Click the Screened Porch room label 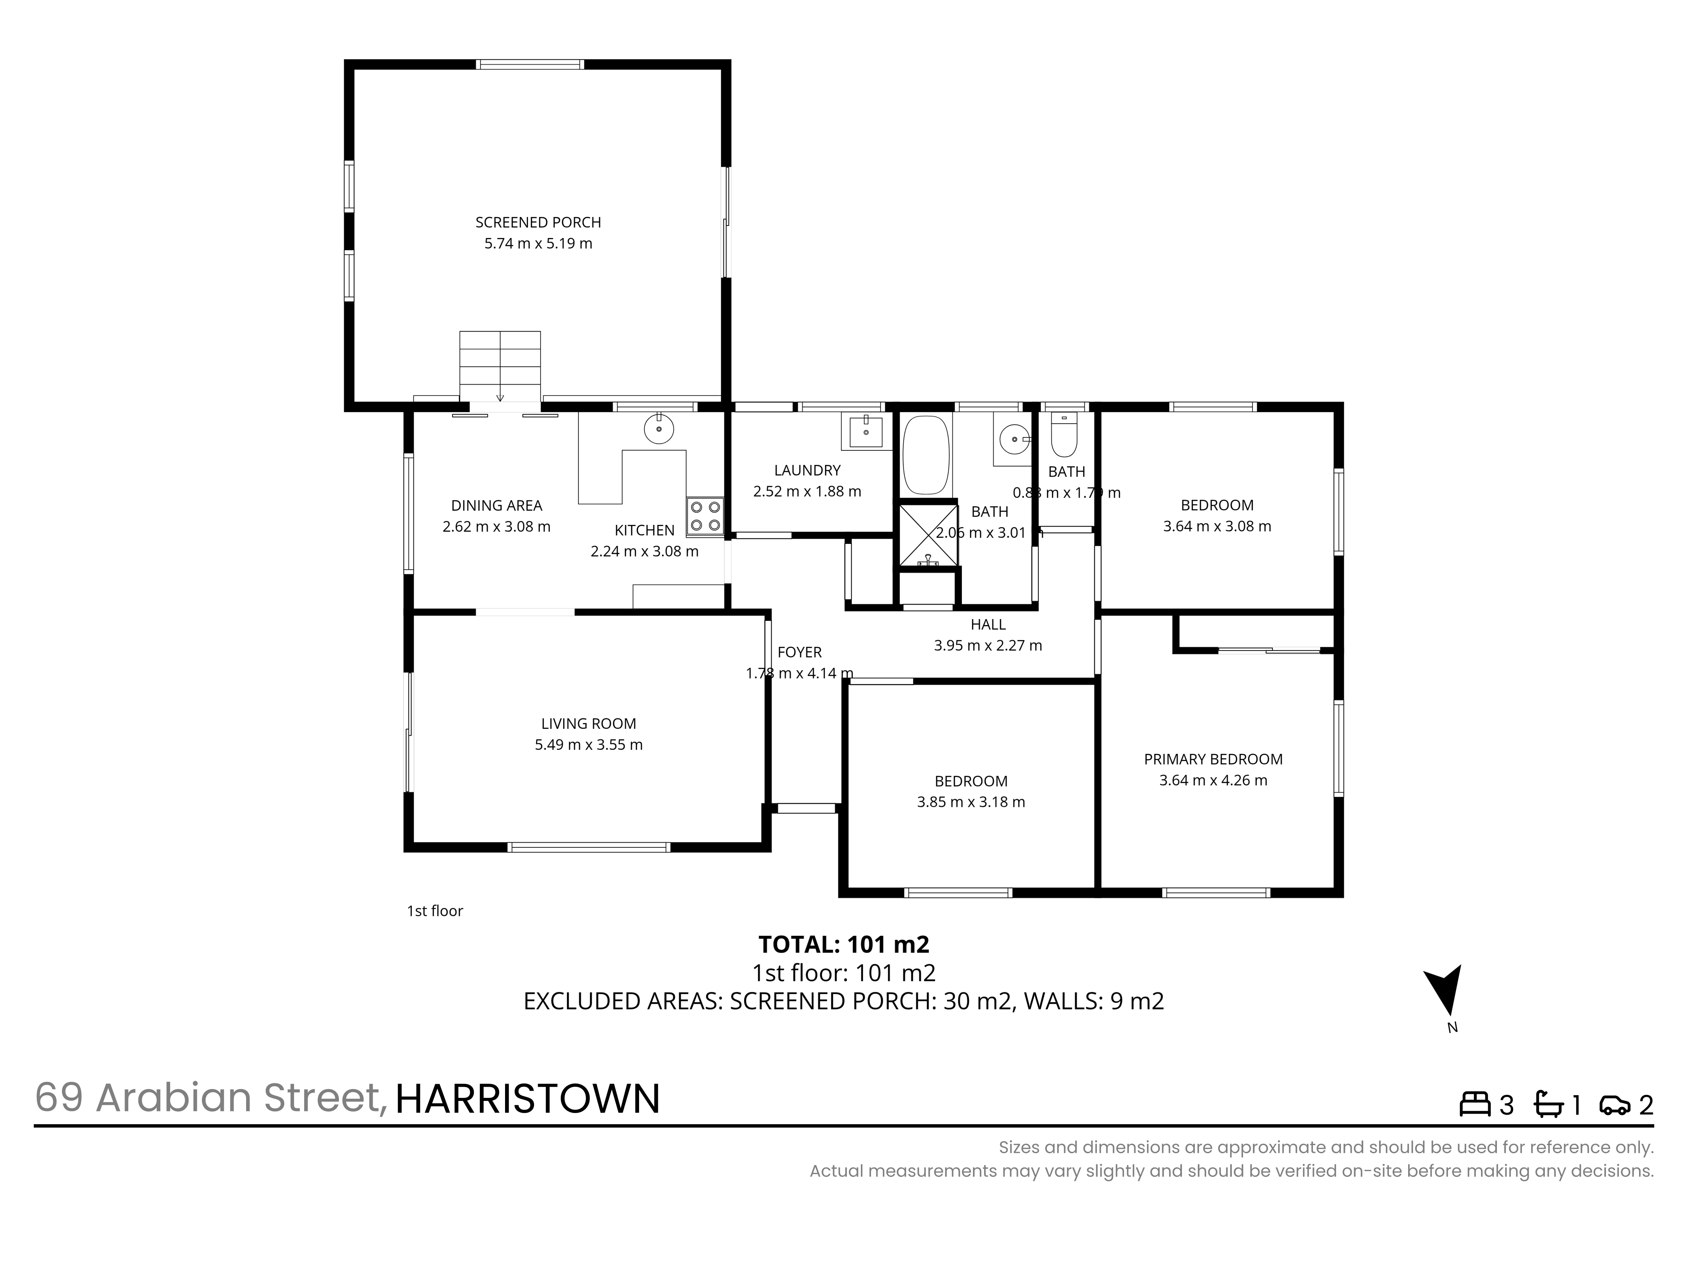pos(538,222)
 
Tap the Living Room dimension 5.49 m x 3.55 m pos(588,745)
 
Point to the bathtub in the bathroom pos(926,455)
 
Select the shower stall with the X pos(928,536)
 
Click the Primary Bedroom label pos(1213,759)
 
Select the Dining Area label pos(497,505)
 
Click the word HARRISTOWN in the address pos(527,1099)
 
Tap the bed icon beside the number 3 pos(1475,1104)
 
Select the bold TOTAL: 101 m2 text pos(844,945)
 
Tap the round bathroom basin pos(1013,439)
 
